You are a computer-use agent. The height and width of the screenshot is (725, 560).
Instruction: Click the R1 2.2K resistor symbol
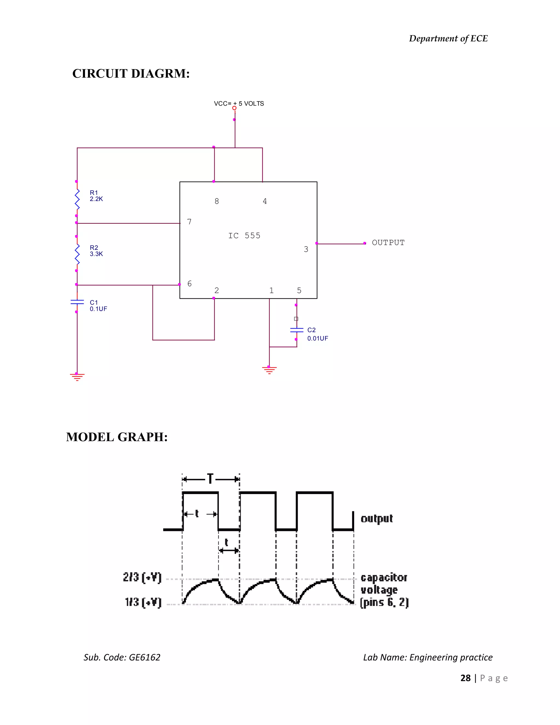(x=77, y=199)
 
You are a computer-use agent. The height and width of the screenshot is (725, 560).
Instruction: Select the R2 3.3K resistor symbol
(x=77, y=254)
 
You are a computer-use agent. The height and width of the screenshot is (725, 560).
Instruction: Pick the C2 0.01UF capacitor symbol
(x=297, y=330)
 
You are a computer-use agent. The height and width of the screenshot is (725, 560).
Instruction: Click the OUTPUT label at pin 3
(x=388, y=243)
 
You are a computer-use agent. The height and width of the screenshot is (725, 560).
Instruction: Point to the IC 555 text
(x=244, y=236)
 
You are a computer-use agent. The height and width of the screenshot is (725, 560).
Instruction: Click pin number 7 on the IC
(x=189, y=222)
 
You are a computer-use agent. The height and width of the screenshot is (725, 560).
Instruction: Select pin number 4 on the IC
(x=265, y=201)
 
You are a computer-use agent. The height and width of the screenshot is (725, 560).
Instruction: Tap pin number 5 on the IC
(x=299, y=291)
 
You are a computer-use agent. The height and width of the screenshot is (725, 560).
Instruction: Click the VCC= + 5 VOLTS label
(x=239, y=104)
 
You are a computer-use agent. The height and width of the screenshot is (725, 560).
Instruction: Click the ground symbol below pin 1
(x=269, y=370)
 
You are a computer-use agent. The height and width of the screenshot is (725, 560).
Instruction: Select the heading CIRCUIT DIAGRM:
(x=131, y=74)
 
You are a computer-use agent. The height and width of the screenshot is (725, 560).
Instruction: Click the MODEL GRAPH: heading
(x=117, y=437)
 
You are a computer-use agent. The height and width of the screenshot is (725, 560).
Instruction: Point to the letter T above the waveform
(x=210, y=479)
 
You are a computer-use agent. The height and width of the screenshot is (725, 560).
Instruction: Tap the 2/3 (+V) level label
(x=142, y=577)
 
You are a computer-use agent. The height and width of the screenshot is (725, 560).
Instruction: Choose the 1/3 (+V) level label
(x=143, y=602)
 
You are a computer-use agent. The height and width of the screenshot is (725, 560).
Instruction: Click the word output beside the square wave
(x=377, y=518)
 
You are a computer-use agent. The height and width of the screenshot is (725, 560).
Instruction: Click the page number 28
(x=465, y=678)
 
